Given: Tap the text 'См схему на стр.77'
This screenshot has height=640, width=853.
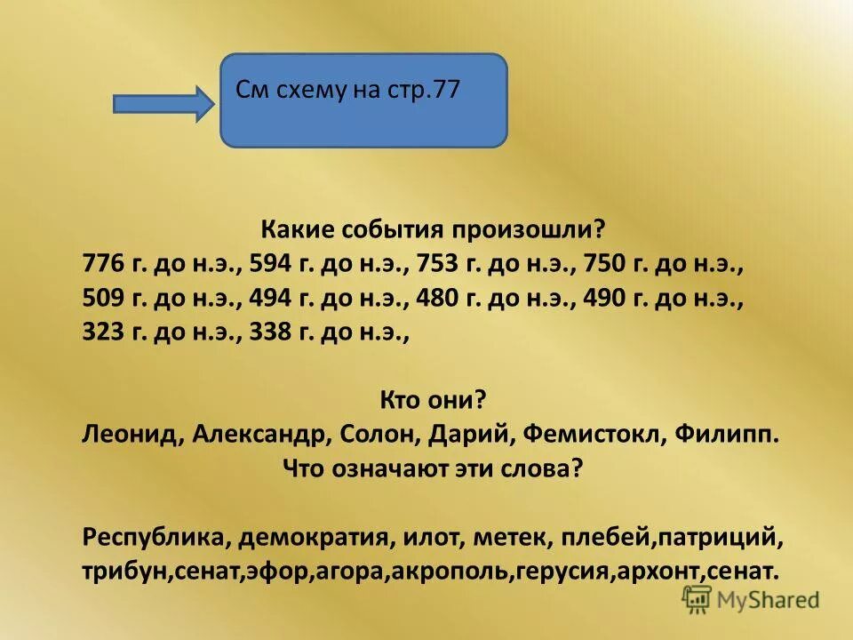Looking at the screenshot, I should click(x=347, y=90).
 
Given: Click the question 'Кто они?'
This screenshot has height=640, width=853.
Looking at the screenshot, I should click(x=433, y=400).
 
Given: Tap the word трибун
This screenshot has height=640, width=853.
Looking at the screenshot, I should click(x=123, y=571).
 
